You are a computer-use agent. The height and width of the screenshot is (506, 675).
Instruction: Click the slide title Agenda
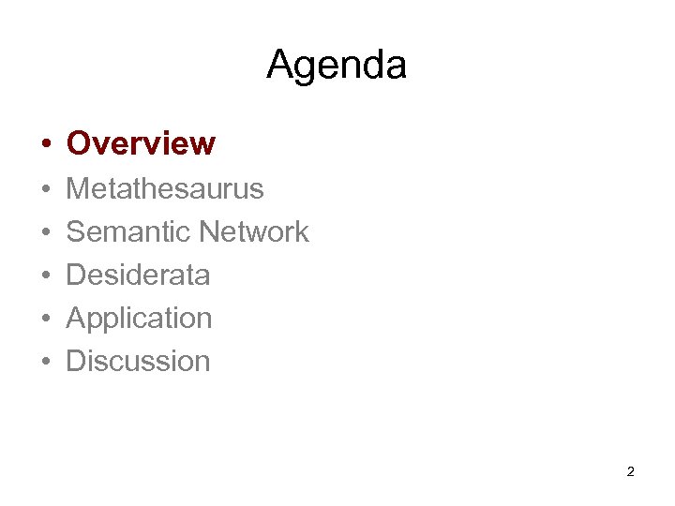pyautogui.click(x=337, y=66)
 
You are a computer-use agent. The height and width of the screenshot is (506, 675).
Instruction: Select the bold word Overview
pyautogui.click(x=141, y=143)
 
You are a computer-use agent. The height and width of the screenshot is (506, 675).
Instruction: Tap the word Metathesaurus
pyautogui.click(x=165, y=188)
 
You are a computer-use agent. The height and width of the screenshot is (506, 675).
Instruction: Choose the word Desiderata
pyautogui.click(x=138, y=275)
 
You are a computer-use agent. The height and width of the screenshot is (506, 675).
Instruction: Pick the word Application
pyautogui.click(x=139, y=319)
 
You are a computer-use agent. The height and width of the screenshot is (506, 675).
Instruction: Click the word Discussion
pyautogui.click(x=138, y=361)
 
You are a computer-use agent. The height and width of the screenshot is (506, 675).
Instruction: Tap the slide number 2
pyautogui.click(x=630, y=471)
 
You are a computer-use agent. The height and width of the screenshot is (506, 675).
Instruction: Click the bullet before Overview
pyautogui.click(x=45, y=144)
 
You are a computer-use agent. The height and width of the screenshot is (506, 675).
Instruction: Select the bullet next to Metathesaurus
pyautogui.click(x=45, y=189)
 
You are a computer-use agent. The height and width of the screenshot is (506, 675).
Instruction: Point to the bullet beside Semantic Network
pyautogui.click(x=45, y=232)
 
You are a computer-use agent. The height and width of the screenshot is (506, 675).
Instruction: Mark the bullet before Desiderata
pyautogui.click(x=45, y=275)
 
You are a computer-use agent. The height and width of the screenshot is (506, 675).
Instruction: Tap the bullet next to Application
pyautogui.click(x=45, y=319)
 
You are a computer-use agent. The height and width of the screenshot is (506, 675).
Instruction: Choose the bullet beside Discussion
pyautogui.click(x=45, y=362)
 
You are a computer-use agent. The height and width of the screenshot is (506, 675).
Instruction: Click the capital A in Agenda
pyautogui.click(x=279, y=65)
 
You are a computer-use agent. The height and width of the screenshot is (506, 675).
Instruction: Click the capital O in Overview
pyautogui.click(x=79, y=143)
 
